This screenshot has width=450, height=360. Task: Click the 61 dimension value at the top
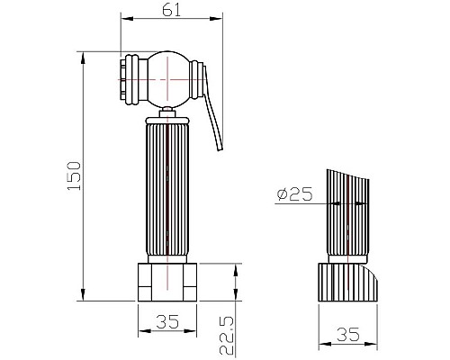(x=172, y=11)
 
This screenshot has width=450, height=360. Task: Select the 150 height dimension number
(x=74, y=175)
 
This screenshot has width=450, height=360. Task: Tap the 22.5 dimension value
(x=227, y=336)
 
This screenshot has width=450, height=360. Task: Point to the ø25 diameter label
(x=294, y=194)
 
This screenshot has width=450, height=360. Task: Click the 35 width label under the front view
(x=167, y=321)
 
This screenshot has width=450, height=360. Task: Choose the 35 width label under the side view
(x=348, y=335)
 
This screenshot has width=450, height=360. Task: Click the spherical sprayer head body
(x=168, y=79)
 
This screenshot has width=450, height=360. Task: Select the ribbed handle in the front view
(x=167, y=190)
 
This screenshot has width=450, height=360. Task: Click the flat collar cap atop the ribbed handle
(x=167, y=121)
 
